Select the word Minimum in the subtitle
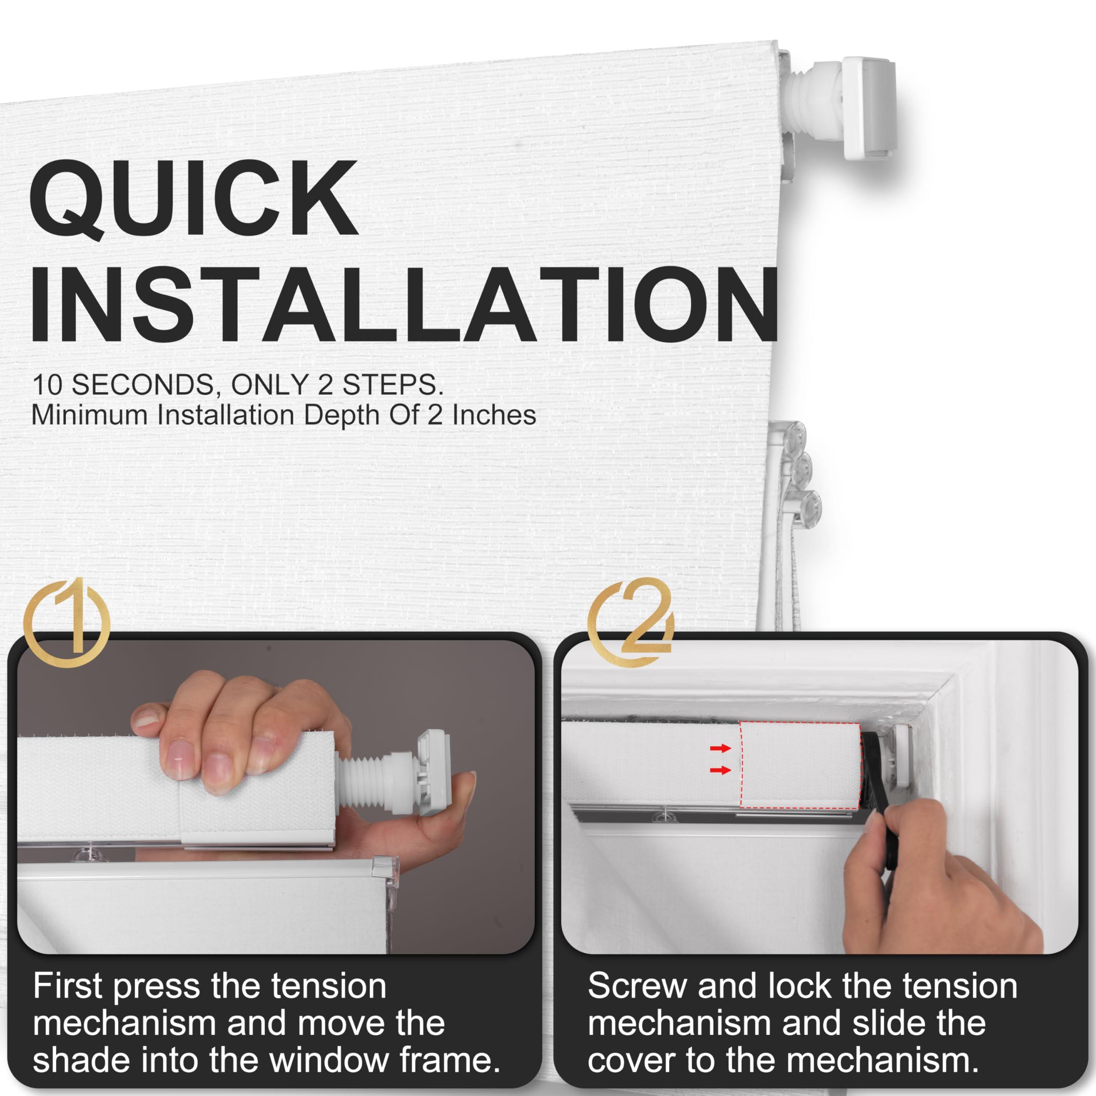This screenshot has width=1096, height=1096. [x=92, y=415]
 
